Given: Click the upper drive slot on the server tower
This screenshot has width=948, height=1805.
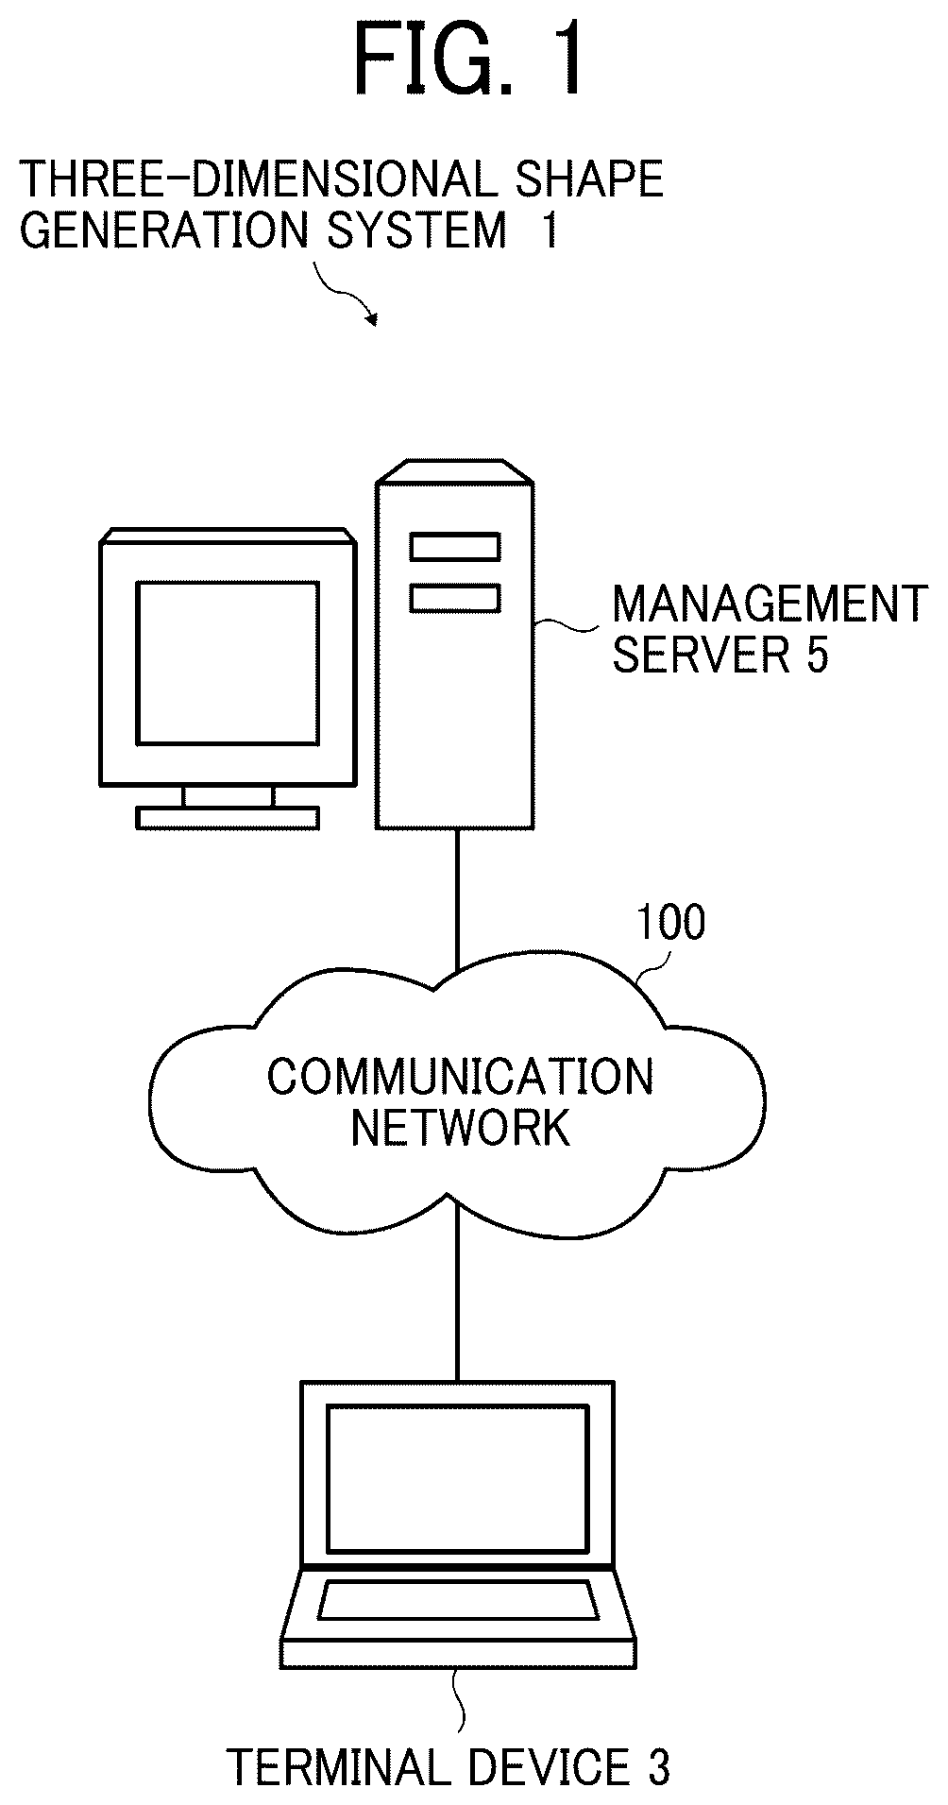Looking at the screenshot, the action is (x=454, y=547).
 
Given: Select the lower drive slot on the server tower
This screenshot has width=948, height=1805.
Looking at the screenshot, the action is (x=454, y=597).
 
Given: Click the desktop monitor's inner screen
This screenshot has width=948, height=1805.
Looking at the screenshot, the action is (x=227, y=663).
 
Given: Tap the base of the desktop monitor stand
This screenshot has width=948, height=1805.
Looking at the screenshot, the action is (x=227, y=817).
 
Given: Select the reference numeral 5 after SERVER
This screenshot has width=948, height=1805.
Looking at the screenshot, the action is (x=817, y=656).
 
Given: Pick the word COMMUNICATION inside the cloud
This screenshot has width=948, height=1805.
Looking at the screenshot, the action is (x=460, y=1077).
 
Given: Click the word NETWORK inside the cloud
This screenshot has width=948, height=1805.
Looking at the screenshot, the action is (x=460, y=1127).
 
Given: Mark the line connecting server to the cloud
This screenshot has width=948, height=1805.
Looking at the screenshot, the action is (x=457, y=900).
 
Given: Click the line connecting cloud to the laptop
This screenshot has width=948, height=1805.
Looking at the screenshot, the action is (x=457, y=1294).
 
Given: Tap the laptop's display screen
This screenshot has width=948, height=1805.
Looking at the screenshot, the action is (x=457, y=1477).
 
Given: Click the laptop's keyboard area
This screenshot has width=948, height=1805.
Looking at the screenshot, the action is (x=458, y=1600).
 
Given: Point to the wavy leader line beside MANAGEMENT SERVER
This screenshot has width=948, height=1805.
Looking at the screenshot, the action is (x=567, y=624).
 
